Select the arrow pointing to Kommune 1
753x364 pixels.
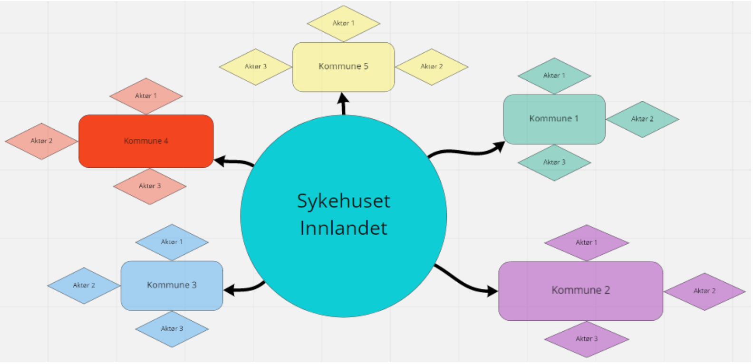468,152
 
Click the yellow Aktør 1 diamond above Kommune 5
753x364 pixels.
343,23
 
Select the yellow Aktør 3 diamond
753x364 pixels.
256,67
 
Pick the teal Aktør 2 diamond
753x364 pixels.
642,119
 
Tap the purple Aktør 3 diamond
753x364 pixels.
587,339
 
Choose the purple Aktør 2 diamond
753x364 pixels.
704,291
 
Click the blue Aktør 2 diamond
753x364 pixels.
84,285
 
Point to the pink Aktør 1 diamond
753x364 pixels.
146,96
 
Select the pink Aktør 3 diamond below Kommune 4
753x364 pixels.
150,186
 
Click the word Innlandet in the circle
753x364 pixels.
343,228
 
